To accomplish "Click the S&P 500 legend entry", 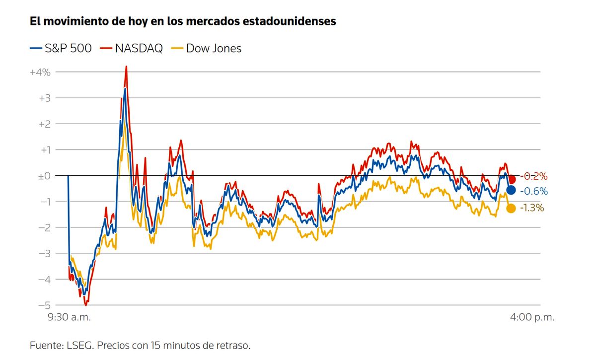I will (x=61, y=48).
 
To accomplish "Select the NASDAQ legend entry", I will (x=132, y=48).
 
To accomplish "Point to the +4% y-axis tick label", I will (x=40, y=72).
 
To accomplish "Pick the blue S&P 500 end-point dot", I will (x=511, y=190).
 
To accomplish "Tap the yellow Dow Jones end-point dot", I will (x=511, y=208).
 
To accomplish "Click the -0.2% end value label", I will (x=533, y=176).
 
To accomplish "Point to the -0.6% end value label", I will (x=533, y=191).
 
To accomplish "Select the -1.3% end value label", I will (x=532, y=208).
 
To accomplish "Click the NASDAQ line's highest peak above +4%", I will (x=126, y=67).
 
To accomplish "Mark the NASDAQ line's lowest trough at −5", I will (x=86, y=304).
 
